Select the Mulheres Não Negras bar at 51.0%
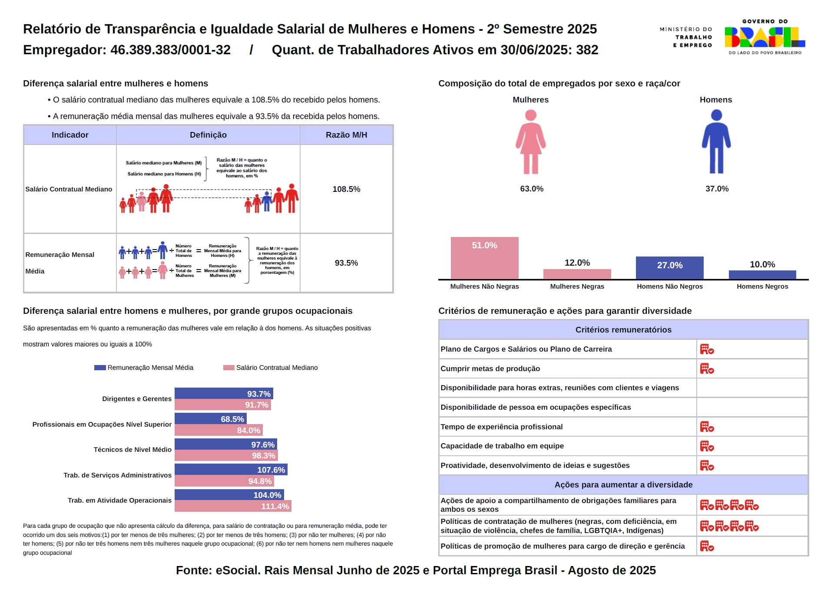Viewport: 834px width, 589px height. (484, 258)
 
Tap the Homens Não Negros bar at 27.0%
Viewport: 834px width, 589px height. (669, 267)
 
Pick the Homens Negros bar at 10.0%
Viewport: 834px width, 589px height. (762, 275)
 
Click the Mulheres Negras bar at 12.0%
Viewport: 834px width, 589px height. (577, 274)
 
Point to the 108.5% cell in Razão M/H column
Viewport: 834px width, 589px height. (346, 189)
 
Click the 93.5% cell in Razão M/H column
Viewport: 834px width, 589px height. (346, 263)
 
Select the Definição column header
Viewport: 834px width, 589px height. (208, 135)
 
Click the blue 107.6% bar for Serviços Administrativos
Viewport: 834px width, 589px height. (231, 470)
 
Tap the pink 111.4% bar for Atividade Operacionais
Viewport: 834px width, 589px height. (233, 506)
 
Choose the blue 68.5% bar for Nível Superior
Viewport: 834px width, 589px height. (210, 419)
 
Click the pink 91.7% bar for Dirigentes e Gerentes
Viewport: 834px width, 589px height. (222, 405)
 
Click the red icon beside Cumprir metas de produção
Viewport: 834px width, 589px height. (707, 369)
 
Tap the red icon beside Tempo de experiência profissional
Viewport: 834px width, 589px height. (707, 427)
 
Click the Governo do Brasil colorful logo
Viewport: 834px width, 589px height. (764, 37)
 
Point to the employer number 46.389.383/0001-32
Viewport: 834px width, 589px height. (170, 50)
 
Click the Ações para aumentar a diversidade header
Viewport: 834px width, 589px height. (623, 485)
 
